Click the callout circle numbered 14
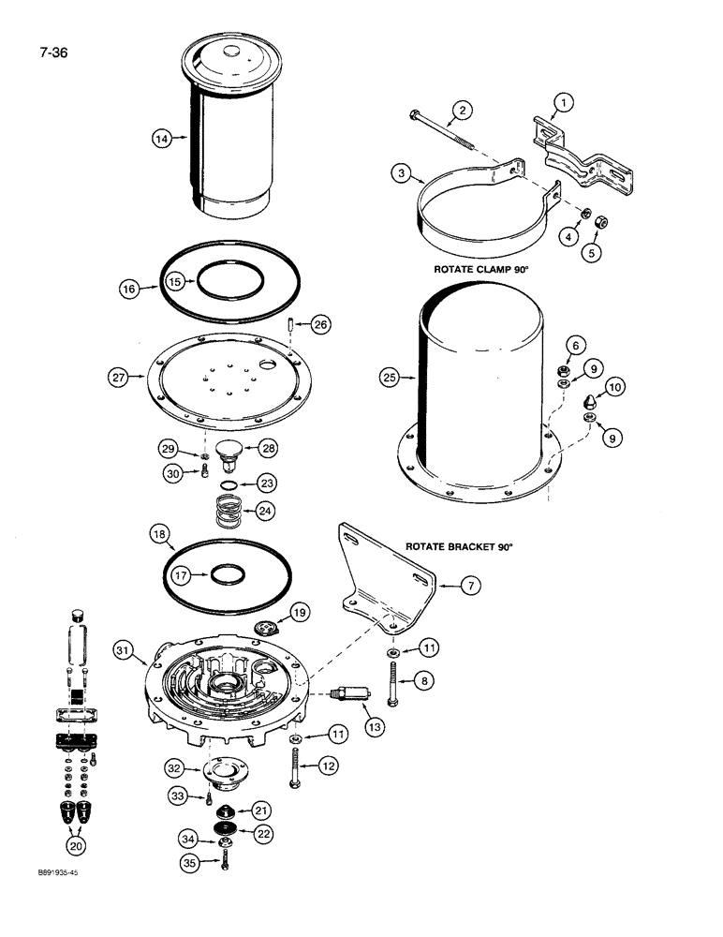pyautogui.click(x=162, y=139)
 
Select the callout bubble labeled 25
pyautogui.click(x=391, y=378)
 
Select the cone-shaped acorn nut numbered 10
pyautogui.click(x=590, y=404)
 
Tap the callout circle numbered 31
pyautogui.click(x=122, y=649)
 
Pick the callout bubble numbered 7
pyautogui.click(x=471, y=587)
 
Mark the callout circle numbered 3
pyautogui.click(x=400, y=173)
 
